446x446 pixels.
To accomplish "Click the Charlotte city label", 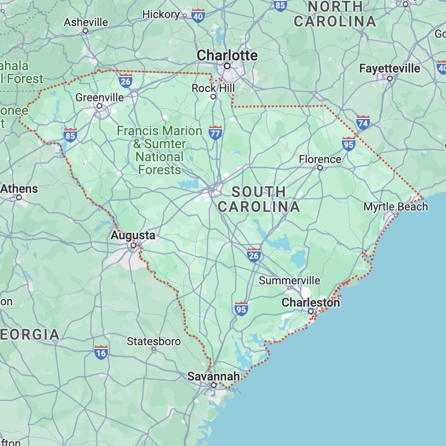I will pos(227,55).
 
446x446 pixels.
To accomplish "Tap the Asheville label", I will pos(86,22).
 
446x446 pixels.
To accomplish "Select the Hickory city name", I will pos(161,14).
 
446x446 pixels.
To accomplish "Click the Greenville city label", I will pos(99,98).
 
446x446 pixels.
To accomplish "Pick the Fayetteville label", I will pos(389,69).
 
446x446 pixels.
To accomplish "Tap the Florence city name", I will pos(320,159).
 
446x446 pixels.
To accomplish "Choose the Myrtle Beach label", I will pos(395,207).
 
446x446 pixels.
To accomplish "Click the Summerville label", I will pos(289,280).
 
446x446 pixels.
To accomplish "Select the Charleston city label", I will pos(311,303).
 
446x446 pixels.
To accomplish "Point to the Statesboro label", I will pos(154,341).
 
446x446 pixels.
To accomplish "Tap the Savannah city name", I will pos(214,376).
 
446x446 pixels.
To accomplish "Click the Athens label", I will pos(19,189).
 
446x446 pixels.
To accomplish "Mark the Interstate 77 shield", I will pos(215,132).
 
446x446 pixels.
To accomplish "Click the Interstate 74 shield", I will pos(363,123).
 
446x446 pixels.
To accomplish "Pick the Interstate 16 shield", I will pos(101,352).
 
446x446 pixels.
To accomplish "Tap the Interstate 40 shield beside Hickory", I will pos(198,15).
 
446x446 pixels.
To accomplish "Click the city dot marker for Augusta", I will pos(133,245).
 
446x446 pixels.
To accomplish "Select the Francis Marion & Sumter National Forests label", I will pos(159,151).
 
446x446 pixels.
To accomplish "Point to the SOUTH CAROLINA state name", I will pos(259,199).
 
